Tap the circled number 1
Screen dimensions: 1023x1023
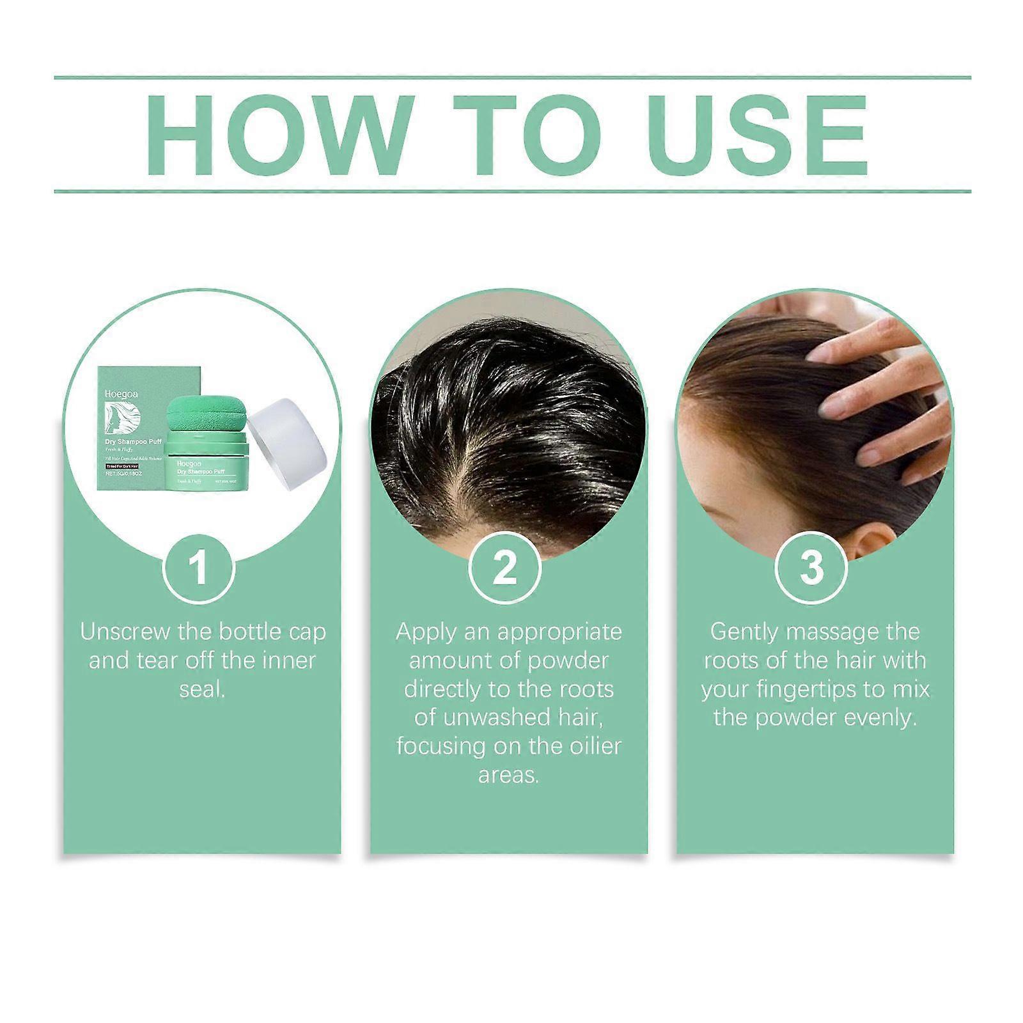pos(199,568)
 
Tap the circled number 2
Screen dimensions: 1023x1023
pos(505,568)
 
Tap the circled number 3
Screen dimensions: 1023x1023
pos(811,568)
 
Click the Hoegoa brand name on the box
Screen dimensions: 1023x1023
pos(121,394)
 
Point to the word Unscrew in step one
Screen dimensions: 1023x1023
pos(125,632)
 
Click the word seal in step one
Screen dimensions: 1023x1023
pos(201,689)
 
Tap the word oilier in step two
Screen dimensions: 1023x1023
pos(588,746)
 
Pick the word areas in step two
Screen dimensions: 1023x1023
pos(508,775)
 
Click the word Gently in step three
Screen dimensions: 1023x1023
pos(745,632)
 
